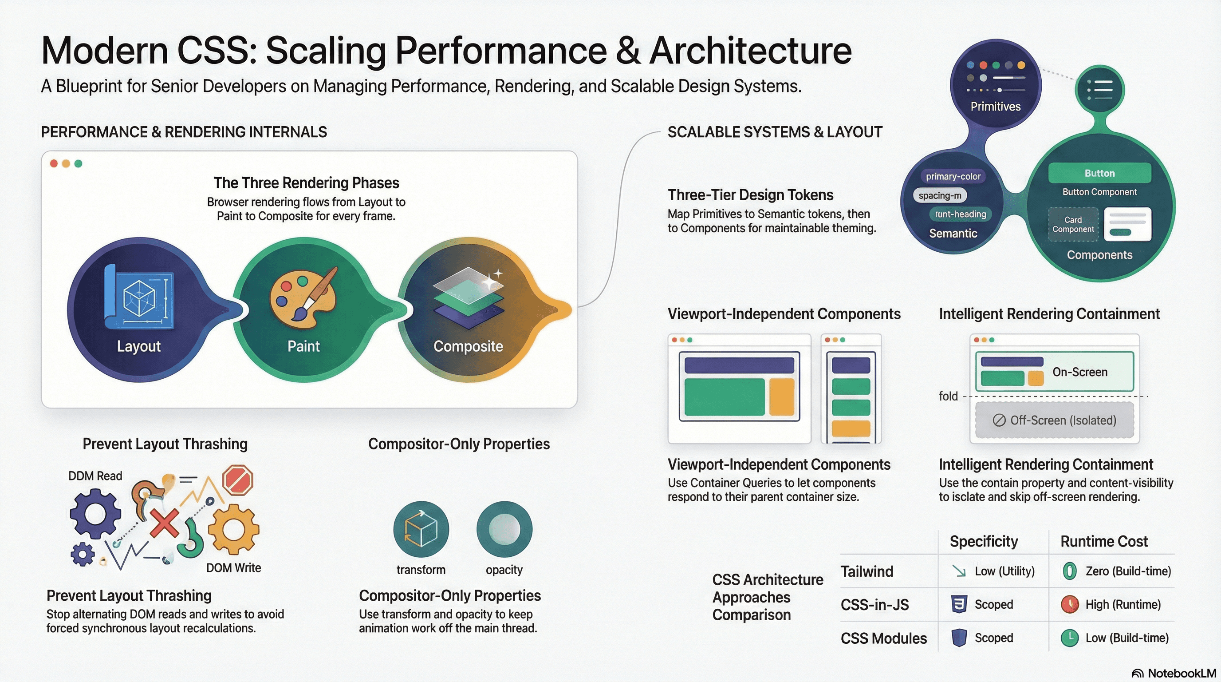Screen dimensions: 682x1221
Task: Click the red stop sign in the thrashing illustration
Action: pyautogui.click(x=238, y=480)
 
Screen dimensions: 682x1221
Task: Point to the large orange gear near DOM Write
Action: pyautogui.click(x=233, y=529)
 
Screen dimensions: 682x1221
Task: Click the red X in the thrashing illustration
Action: pyautogui.click(x=165, y=523)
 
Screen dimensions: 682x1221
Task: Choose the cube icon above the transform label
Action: pyautogui.click(x=421, y=529)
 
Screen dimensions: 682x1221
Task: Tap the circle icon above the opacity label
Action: pyautogui.click(x=504, y=529)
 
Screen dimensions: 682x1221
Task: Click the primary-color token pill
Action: pyautogui.click(x=953, y=176)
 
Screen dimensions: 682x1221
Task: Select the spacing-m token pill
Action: pyautogui.click(x=939, y=195)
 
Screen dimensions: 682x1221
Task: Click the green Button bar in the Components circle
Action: pyautogui.click(x=1099, y=173)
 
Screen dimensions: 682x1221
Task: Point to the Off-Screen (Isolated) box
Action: pyautogui.click(x=1054, y=420)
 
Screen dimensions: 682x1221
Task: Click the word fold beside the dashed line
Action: pyautogui.click(x=948, y=396)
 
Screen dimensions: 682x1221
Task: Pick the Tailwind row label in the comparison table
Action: pyautogui.click(x=867, y=571)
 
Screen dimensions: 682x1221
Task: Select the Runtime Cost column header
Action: pyautogui.click(x=1103, y=541)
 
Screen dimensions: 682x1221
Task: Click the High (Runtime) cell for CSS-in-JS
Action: pyautogui.click(x=1123, y=604)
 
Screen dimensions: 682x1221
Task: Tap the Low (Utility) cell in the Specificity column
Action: pyautogui.click(x=1004, y=571)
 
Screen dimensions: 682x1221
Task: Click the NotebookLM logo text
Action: pyautogui.click(x=1182, y=674)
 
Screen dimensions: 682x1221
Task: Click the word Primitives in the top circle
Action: pyautogui.click(x=995, y=107)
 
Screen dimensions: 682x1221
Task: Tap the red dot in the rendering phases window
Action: pyautogui.click(x=54, y=164)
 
